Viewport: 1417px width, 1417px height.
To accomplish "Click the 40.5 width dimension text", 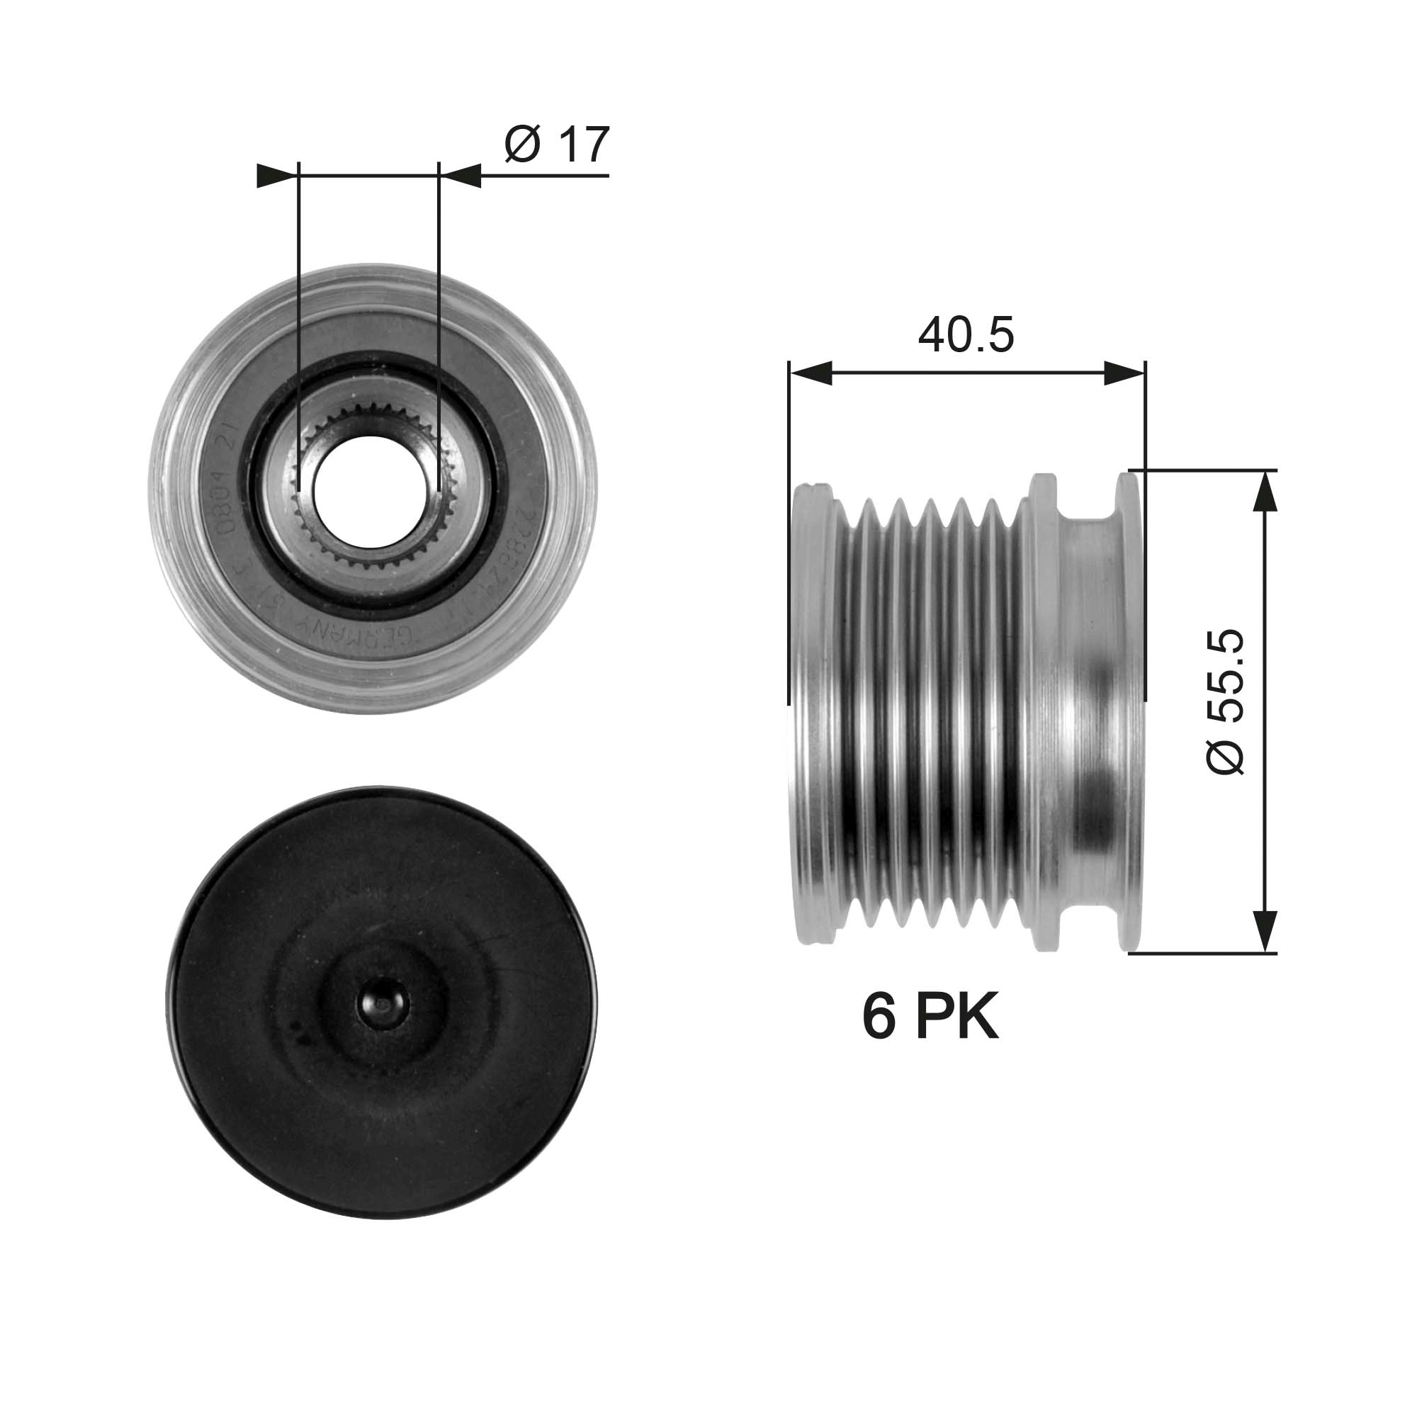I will tap(966, 335).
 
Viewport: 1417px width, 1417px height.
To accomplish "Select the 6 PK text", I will tap(930, 1018).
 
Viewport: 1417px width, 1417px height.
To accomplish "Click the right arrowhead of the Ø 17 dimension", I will tap(461, 176).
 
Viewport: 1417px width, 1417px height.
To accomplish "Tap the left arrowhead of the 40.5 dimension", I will tap(811, 373).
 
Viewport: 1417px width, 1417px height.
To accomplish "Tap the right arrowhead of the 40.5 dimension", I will tap(1124, 373).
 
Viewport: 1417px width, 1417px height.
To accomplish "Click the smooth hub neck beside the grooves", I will tap(1085, 711).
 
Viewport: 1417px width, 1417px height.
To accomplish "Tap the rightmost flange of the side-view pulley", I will tap(1130, 711).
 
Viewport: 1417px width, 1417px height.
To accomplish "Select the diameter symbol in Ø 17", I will tap(522, 146).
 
